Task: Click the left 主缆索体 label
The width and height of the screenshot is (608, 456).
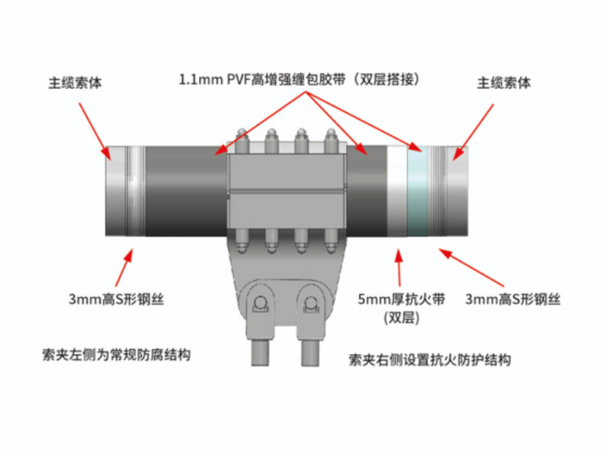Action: click(75, 83)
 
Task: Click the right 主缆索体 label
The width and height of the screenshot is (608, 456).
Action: click(504, 83)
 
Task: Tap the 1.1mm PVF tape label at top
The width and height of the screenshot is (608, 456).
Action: click(299, 80)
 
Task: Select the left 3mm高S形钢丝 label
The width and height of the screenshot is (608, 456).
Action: click(116, 299)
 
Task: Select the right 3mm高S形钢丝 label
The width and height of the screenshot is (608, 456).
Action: click(512, 299)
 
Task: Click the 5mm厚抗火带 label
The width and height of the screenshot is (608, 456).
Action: click(401, 299)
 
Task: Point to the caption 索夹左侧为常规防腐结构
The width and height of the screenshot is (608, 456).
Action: click(116, 355)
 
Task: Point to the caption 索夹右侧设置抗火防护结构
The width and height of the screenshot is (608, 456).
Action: click(429, 359)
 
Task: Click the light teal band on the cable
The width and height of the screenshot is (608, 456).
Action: click(417, 192)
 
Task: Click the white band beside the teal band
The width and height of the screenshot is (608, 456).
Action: click(397, 192)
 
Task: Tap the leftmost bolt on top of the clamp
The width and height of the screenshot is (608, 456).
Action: click(242, 141)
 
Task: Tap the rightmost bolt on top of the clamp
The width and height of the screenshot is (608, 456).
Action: click(331, 141)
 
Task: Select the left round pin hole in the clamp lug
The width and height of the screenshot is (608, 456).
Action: click(259, 302)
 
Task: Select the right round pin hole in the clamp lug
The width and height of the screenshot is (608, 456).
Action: click(310, 302)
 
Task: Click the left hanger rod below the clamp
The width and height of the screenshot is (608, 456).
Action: click(260, 353)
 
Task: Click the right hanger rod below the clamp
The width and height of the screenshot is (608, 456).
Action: click(310, 353)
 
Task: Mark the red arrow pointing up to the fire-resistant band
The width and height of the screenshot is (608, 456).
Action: click(398, 268)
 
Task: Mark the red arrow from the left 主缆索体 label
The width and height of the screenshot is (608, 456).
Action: click(94, 131)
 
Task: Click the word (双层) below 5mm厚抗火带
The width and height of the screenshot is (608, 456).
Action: click(401, 318)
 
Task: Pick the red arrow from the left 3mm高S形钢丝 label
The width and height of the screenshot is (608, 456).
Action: click(124, 268)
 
